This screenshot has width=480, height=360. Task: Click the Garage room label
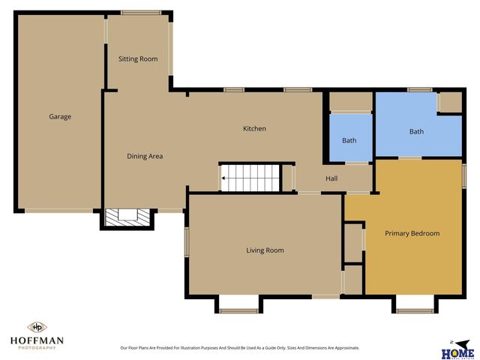click(x=60, y=116)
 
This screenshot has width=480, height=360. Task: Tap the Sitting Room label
click(x=138, y=58)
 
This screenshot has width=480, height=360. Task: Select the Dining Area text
click(x=145, y=156)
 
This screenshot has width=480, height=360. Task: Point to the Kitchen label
click(x=254, y=129)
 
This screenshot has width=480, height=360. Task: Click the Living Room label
click(x=265, y=250)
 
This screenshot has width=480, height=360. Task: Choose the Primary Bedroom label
click(x=412, y=233)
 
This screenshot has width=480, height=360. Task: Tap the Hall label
click(x=331, y=178)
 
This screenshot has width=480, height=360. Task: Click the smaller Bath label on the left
click(x=349, y=140)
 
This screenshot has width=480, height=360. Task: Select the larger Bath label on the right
click(x=416, y=132)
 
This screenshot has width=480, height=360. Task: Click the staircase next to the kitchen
click(x=250, y=178)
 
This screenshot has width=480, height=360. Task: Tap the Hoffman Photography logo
click(x=37, y=335)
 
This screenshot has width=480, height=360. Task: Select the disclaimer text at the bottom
click(x=240, y=348)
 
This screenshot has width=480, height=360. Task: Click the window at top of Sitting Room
click(x=141, y=12)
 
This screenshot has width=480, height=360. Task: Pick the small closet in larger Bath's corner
click(x=450, y=102)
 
